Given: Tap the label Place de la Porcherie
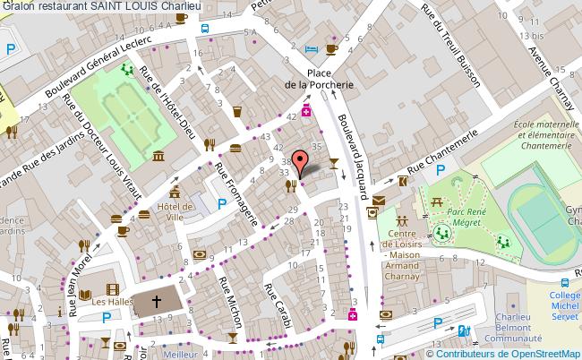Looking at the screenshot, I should [x=318, y=79].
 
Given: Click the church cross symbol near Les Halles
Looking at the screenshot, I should [x=157, y=304].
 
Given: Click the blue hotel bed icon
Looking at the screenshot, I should [x=311, y=48].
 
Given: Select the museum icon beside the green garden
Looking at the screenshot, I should [x=158, y=158].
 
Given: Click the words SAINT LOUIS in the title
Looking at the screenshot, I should [x=113, y=7].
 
